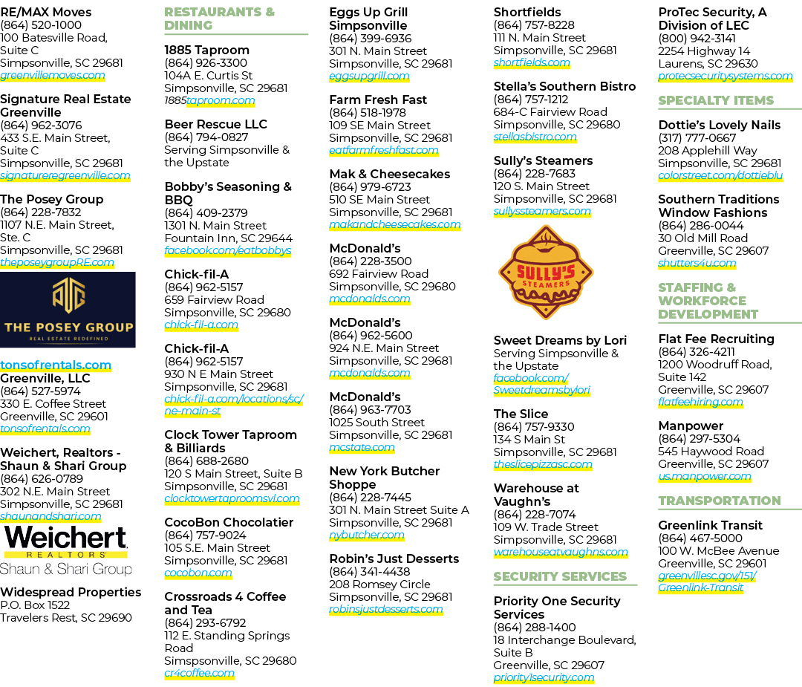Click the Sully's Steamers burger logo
point(546,273)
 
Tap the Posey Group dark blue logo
point(68,310)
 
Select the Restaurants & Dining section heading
point(219,19)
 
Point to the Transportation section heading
point(719,501)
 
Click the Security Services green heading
point(560,576)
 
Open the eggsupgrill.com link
point(369,76)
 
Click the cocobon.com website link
point(198,573)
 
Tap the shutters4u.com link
point(697,263)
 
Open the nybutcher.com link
point(366,535)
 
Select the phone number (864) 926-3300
point(206,63)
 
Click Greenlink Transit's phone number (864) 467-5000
point(700,538)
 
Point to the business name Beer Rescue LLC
point(215,124)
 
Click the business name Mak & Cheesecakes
point(389,174)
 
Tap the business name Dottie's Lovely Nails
point(719,125)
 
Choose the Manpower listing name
point(691,426)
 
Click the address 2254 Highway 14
point(704,51)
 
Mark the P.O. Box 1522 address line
point(35,605)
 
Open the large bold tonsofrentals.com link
point(56,365)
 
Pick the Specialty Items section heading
point(716,100)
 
